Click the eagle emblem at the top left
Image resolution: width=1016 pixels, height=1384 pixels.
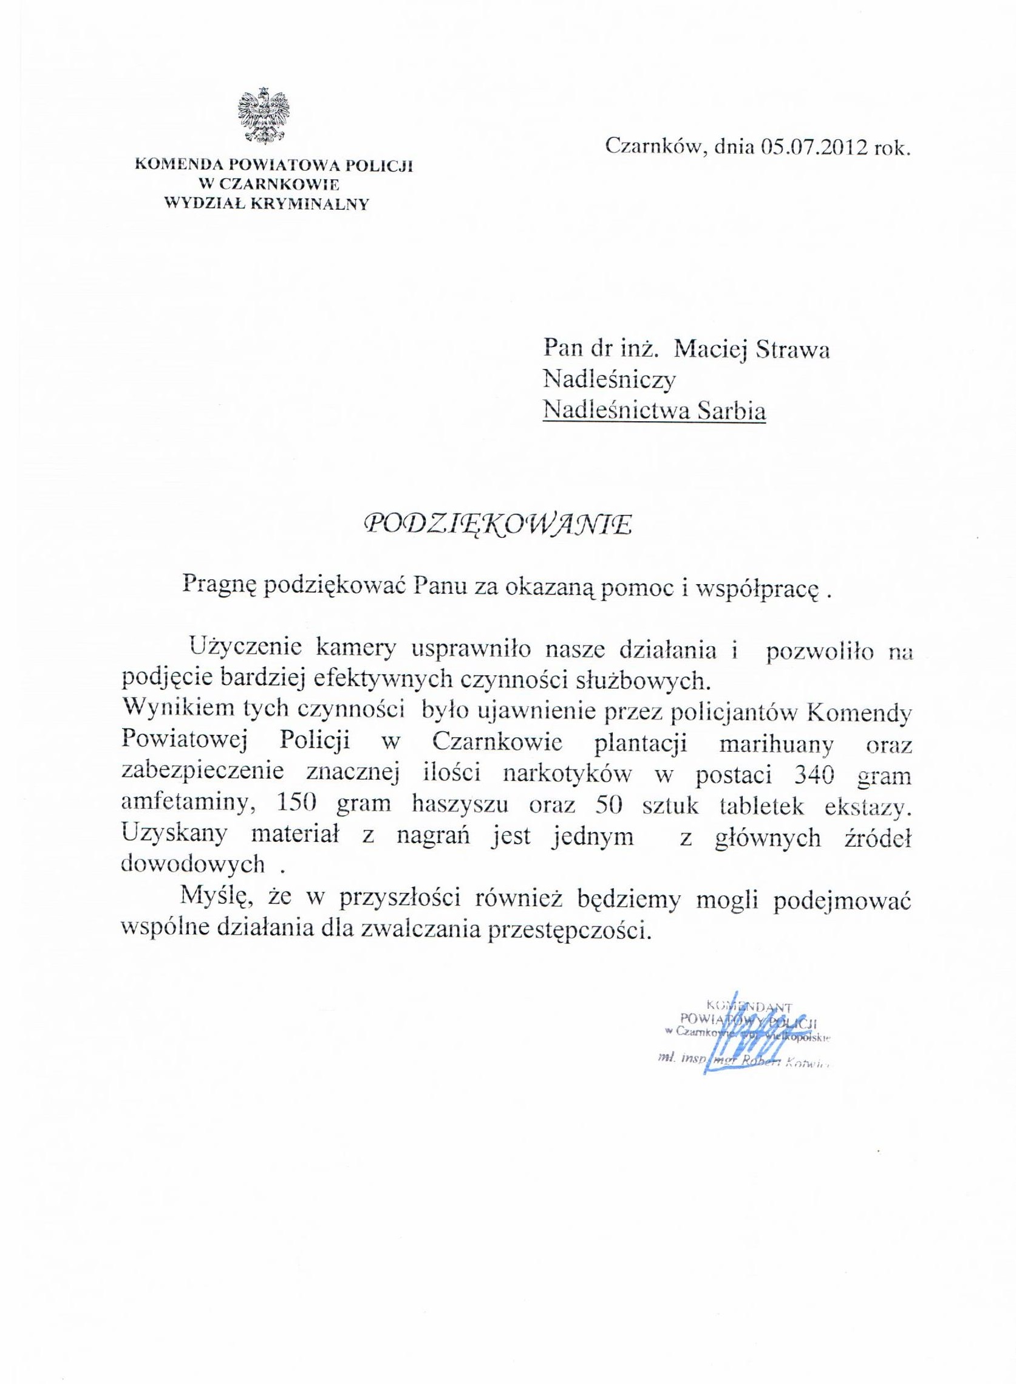264,117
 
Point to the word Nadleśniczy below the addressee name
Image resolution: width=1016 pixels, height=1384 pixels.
609,380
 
